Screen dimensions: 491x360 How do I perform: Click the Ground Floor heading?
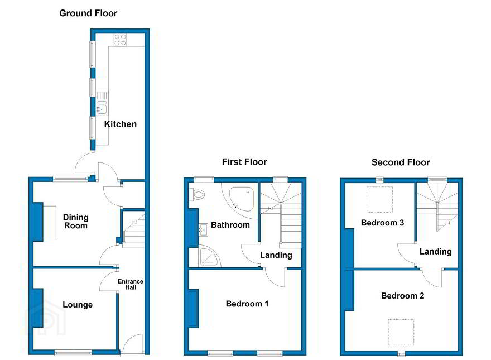pos(88,13)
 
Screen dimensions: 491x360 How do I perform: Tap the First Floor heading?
pos(244,162)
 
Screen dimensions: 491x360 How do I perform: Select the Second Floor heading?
pos(401,162)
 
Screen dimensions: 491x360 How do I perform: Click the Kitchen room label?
pos(121,124)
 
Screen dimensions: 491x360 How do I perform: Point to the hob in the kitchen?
pos(121,40)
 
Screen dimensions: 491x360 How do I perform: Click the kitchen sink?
pos(102,103)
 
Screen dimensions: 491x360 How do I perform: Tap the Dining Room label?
pos(75,222)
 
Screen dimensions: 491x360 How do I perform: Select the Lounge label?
pos(78,305)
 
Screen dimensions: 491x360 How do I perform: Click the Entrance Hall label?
pos(130,284)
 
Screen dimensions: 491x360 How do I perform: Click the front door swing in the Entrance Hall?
pos(132,344)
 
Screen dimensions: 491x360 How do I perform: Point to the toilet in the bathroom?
pos(197,195)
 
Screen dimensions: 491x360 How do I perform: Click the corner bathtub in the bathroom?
pos(241,199)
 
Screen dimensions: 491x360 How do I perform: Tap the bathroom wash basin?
pos(203,229)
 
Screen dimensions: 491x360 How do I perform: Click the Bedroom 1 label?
pos(247,304)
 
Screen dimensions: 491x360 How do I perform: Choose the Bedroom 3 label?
pos(382,223)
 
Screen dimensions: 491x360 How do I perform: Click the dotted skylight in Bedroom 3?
pos(379,199)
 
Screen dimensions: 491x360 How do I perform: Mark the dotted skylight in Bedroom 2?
pos(401,332)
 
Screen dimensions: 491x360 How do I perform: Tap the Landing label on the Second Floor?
pos(435,252)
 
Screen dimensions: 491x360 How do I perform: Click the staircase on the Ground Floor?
pos(133,229)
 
